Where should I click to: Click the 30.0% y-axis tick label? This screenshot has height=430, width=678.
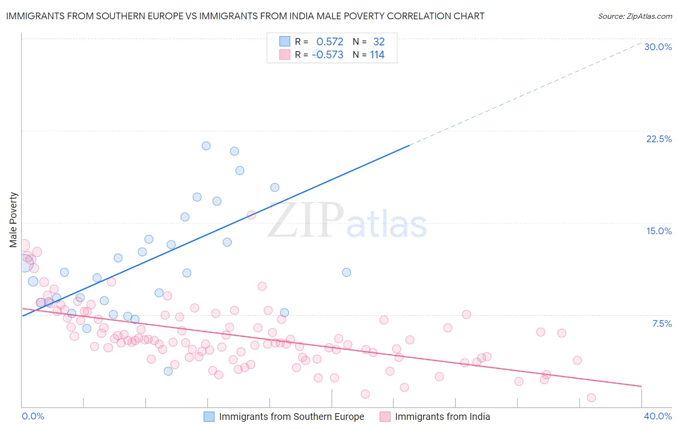click(x=658, y=47)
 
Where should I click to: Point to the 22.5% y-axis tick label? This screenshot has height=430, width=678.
click(x=659, y=139)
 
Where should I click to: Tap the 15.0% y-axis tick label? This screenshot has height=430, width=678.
click(x=659, y=231)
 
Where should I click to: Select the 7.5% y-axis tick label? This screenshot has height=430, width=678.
click(x=662, y=323)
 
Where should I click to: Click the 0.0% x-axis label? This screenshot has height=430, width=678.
click(x=33, y=416)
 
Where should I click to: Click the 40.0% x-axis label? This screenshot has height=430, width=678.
click(x=657, y=416)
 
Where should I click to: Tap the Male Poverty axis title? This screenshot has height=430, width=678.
click(x=14, y=220)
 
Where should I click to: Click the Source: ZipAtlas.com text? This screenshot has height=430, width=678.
click(x=635, y=16)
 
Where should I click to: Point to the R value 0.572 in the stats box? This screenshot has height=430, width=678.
click(x=330, y=42)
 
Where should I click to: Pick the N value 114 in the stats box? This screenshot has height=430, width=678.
click(x=377, y=55)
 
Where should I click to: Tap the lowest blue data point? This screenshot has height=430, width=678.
click(x=168, y=371)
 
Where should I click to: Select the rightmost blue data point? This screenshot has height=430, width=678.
click(x=346, y=272)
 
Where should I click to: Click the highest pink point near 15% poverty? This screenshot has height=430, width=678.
click(x=251, y=215)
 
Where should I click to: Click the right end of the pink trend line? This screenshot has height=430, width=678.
click(x=641, y=386)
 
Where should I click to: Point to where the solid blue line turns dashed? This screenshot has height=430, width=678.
click(x=409, y=145)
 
